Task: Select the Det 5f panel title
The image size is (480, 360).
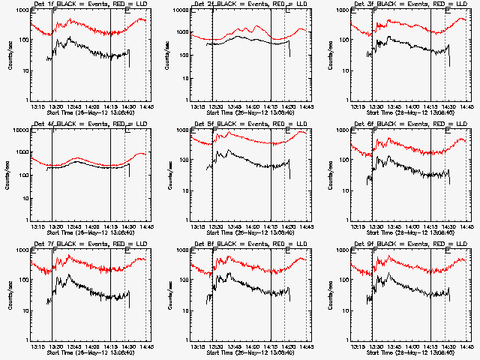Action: pyautogui.click(x=248, y=125)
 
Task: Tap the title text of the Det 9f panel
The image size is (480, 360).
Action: pyautogui.click(x=409, y=245)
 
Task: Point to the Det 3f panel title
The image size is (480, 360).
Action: pyautogui.click(x=409, y=5)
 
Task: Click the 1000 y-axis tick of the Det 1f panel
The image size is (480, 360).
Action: pyautogui.click(x=20, y=10)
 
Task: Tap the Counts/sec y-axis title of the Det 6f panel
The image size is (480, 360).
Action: pyautogui.click(x=331, y=174)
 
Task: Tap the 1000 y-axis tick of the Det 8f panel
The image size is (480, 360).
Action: pyautogui.click(x=181, y=250)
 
